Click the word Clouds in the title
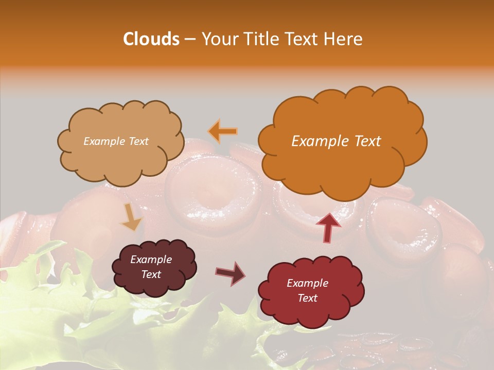151,39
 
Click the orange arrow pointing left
223,132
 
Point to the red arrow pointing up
328,227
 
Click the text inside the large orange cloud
336,141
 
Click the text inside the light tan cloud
116,141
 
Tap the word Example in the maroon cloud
151,260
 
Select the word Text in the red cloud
307,298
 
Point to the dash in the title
190,40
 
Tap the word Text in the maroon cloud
151,274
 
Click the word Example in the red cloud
307,283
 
